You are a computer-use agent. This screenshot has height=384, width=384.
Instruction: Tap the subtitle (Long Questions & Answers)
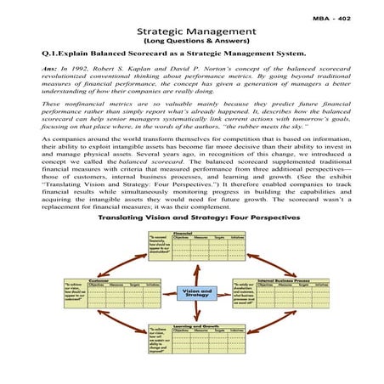coord(191,41)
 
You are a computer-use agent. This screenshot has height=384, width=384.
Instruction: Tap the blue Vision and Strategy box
coord(192,292)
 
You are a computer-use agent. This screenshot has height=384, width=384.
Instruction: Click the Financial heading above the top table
coord(182,230)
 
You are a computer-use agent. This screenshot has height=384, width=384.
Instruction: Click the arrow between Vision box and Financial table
coord(192,272)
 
